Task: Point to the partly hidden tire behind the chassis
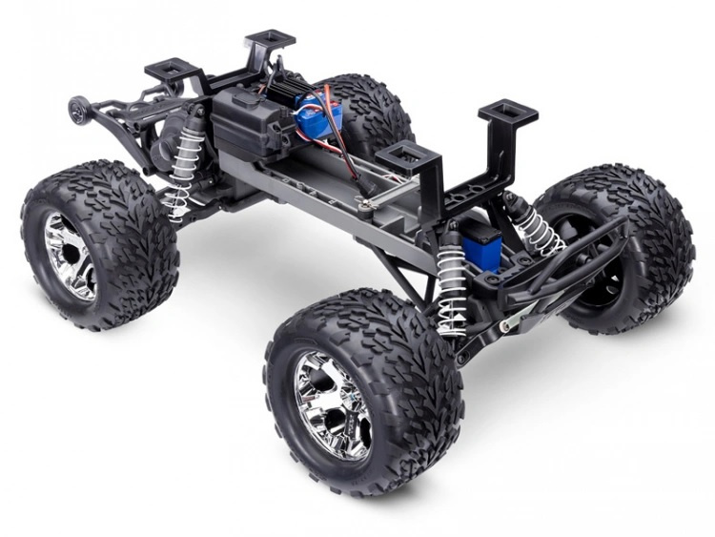tap(372, 110)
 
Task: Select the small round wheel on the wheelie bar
tap(76, 112)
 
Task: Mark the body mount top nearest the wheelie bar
tap(172, 72)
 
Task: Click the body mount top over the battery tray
tap(407, 154)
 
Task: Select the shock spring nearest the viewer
tap(452, 286)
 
